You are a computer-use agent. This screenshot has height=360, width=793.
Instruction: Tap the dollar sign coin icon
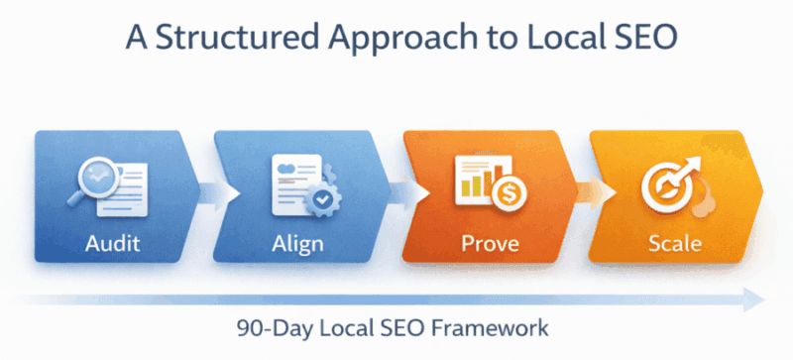511,194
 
